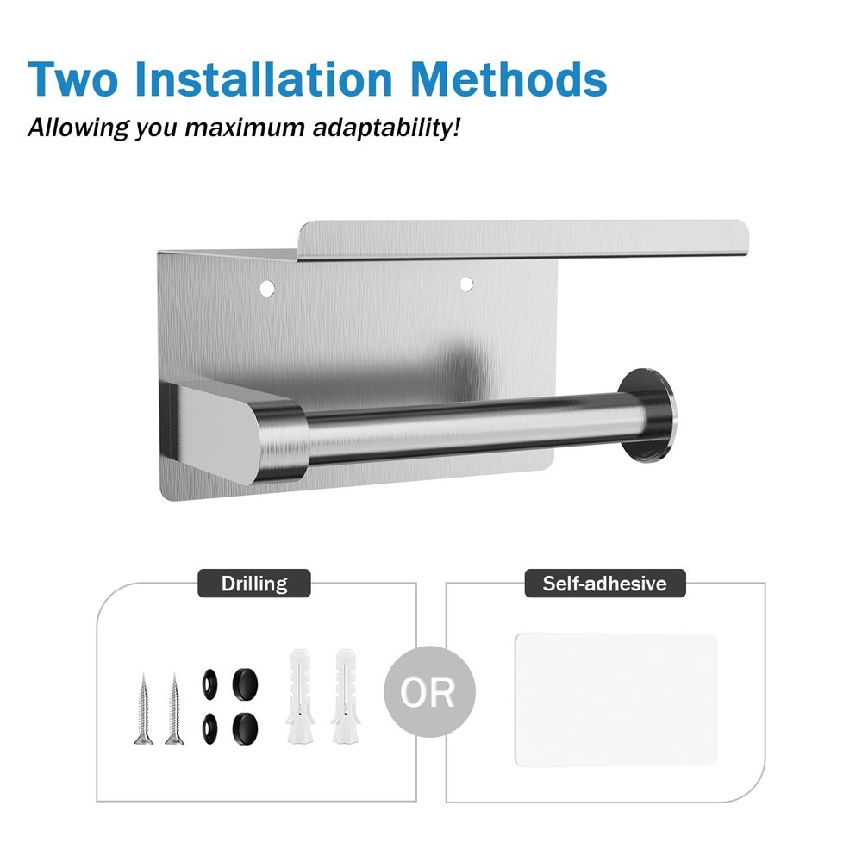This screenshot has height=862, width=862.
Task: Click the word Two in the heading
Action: [x=73, y=79]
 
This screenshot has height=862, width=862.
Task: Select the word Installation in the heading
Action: [x=263, y=78]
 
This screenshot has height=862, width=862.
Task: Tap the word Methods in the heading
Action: [x=509, y=78]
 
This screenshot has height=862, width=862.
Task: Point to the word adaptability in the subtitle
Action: [x=386, y=128]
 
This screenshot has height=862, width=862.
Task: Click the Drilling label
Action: [x=254, y=584]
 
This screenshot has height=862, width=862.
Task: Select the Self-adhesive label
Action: [x=605, y=584]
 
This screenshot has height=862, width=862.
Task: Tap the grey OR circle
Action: [x=429, y=691]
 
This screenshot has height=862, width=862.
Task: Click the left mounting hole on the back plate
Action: [x=267, y=288]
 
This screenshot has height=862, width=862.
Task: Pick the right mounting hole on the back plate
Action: [x=466, y=284]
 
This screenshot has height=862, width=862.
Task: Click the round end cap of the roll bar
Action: [x=647, y=415]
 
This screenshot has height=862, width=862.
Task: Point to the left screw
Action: [x=143, y=709]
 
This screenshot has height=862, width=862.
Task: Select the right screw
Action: [x=174, y=709]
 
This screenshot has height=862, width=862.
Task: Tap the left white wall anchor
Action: [x=300, y=696]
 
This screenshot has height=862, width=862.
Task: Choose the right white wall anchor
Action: [x=345, y=696]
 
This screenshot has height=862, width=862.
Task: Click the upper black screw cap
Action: [x=245, y=684]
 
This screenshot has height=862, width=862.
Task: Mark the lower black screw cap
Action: [x=245, y=728]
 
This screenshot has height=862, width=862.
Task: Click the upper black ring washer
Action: [x=209, y=684]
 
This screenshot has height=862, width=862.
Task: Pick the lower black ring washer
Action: [x=209, y=729]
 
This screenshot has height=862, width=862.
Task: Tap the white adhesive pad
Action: [x=615, y=700]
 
